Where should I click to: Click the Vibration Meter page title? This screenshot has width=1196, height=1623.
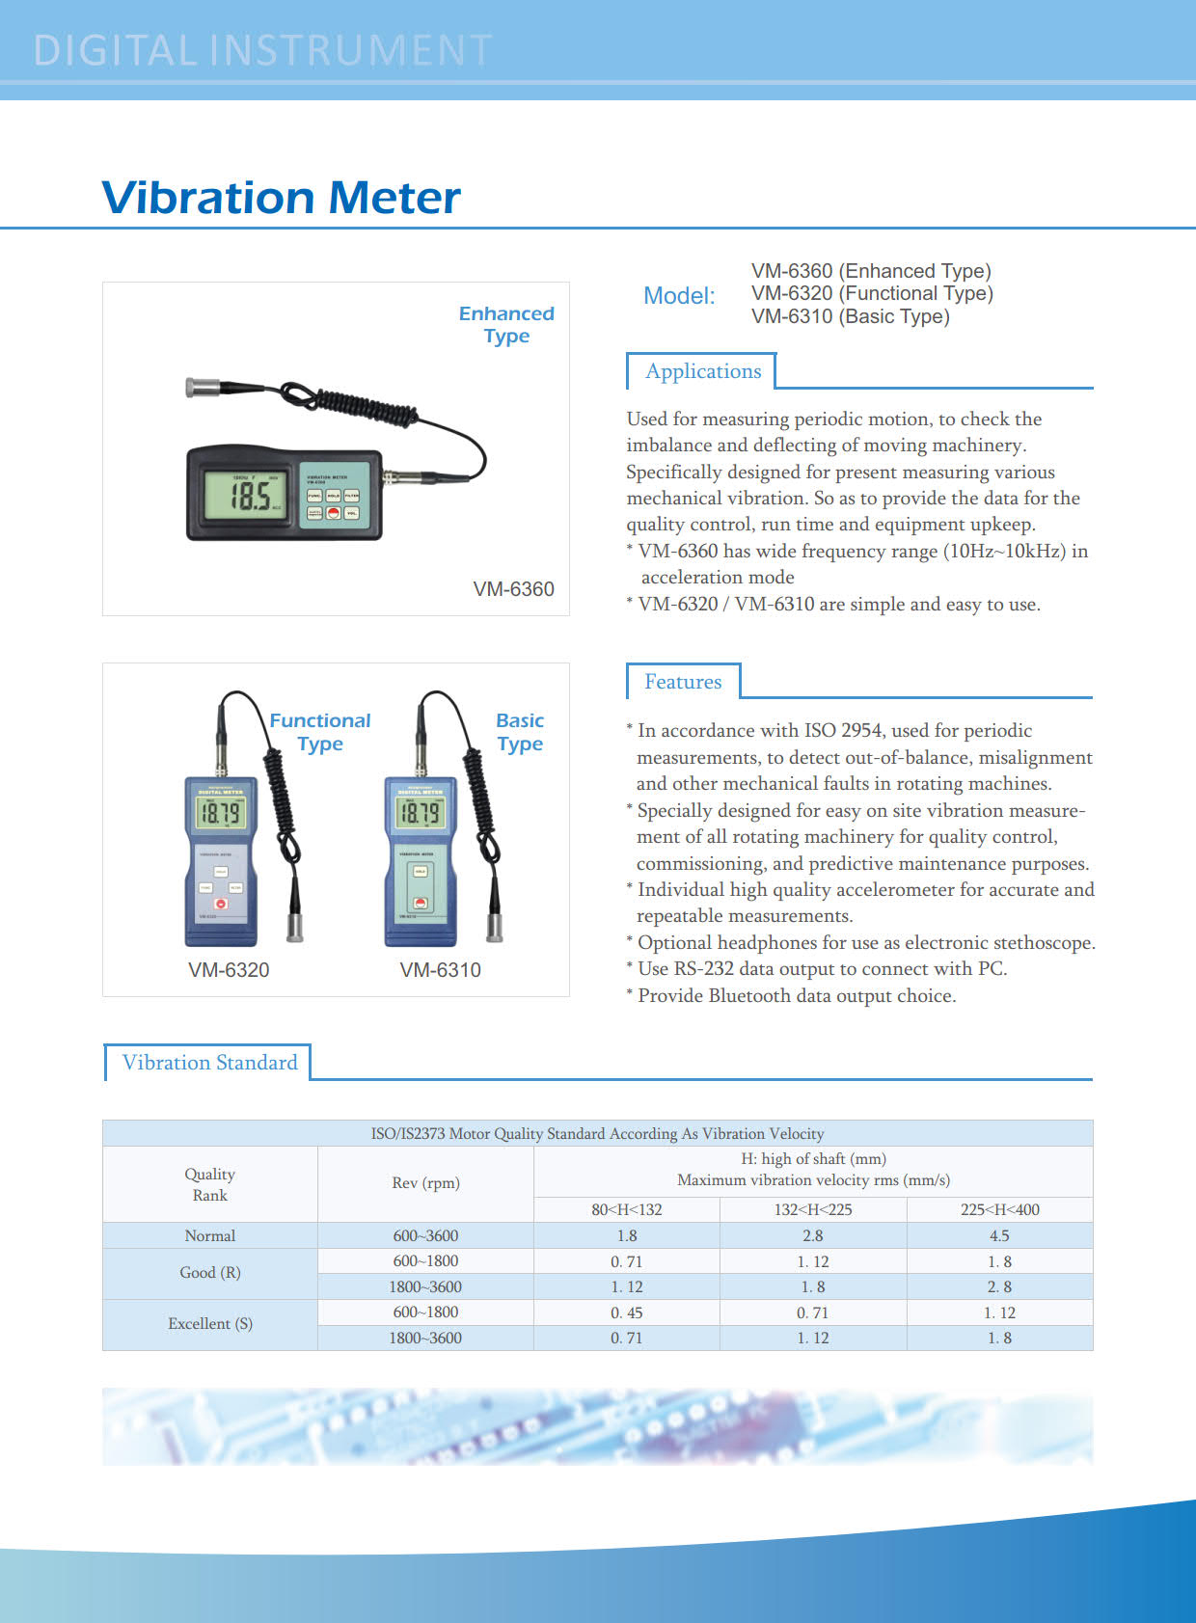click(x=281, y=198)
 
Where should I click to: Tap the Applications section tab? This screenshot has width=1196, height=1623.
click(x=702, y=371)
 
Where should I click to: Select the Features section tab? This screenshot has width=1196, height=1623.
click(x=683, y=682)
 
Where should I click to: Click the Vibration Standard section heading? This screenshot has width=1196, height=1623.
click(x=209, y=1063)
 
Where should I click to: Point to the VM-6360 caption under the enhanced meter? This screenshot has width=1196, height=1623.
click(x=513, y=589)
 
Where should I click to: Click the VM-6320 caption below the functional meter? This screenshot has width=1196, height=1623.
click(x=229, y=970)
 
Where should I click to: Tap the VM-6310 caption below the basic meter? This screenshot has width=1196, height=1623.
click(x=440, y=970)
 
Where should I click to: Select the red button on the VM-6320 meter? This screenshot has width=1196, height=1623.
click(x=221, y=904)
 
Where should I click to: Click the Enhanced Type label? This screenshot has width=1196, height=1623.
click(x=506, y=325)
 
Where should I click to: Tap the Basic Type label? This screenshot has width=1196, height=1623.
click(x=520, y=732)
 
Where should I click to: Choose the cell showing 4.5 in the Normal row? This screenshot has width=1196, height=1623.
click(x=999, y=1235)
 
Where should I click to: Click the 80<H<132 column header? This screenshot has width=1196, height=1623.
click(x=627, y=1209)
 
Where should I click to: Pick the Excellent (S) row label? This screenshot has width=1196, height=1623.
click(x=210, y=1324)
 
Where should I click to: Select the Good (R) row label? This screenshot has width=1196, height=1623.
click(x=210, y=1273)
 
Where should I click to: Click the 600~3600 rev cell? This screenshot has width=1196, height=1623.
click(x=425, y=1235)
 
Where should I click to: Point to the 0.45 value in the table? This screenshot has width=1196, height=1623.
click(x=627, y=1312)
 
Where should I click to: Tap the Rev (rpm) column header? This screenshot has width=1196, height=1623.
click(x=425, y=1183)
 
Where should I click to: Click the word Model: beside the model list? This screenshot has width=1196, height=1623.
click(x=679, y=296)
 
